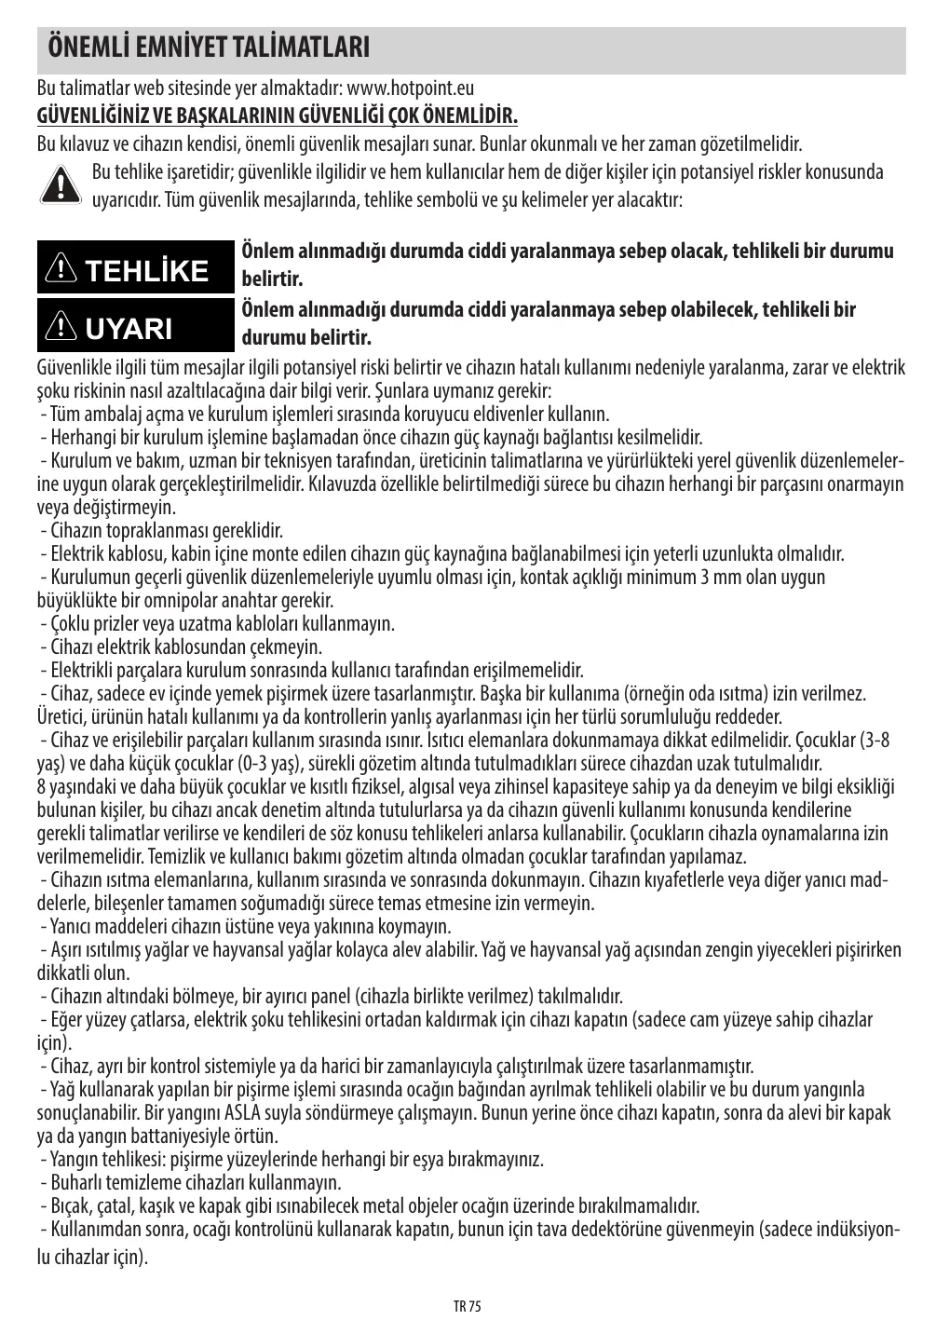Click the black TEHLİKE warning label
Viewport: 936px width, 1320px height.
click(132, 271)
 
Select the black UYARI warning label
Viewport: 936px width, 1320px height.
click(132, 328)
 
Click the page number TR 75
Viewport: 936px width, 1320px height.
click(468, 1306)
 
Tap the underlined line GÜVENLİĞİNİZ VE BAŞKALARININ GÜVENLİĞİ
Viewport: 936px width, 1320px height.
click(277, 116)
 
